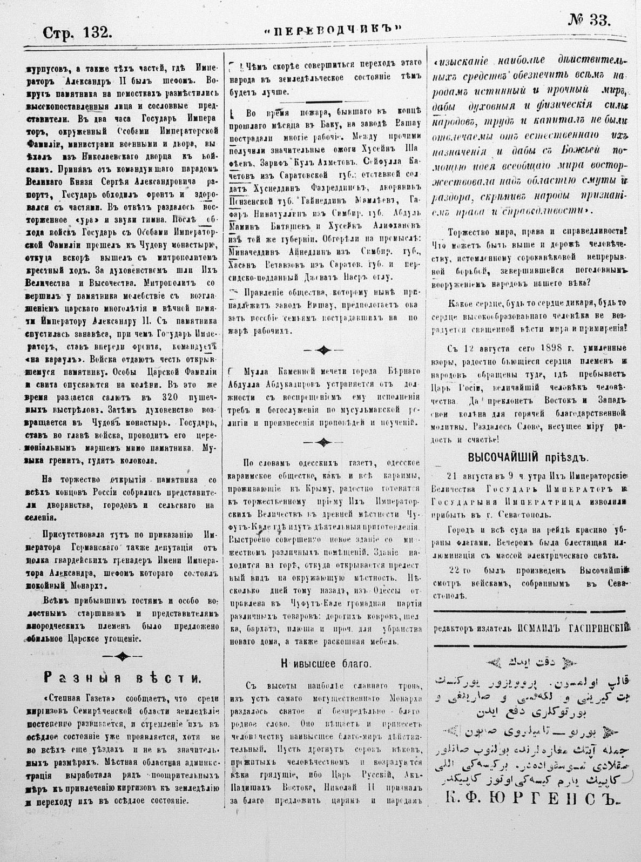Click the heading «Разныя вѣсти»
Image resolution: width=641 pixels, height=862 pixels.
[x=124, y=677]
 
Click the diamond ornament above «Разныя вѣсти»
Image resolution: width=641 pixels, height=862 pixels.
[x=123, y=656]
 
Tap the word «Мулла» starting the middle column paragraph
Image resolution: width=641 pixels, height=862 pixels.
[x=250, y=373]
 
